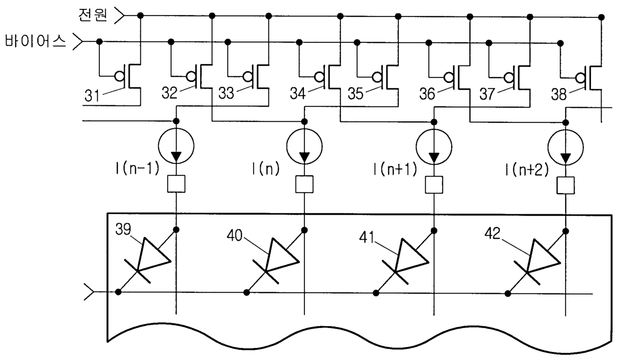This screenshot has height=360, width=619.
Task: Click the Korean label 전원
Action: coord(92,14)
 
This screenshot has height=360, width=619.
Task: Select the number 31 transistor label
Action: coord(92,96)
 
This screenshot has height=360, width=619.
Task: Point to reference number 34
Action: coord(298,93)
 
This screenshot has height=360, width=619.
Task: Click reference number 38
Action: coord(559,94)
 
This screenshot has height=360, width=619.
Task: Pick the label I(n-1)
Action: coord(137,168)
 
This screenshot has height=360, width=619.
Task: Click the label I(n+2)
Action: coord(527,169)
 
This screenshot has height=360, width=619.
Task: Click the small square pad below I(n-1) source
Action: coord(176,184)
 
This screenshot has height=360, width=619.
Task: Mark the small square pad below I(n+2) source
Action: coord(566,185)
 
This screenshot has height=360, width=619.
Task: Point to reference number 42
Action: coord(492,234)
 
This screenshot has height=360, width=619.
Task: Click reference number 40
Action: coord(234,236)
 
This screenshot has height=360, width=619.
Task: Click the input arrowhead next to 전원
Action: coord(119,15)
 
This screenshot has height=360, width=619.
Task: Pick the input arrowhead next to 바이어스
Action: coord(78,42)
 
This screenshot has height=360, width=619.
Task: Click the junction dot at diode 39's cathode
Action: coord(118,292)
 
